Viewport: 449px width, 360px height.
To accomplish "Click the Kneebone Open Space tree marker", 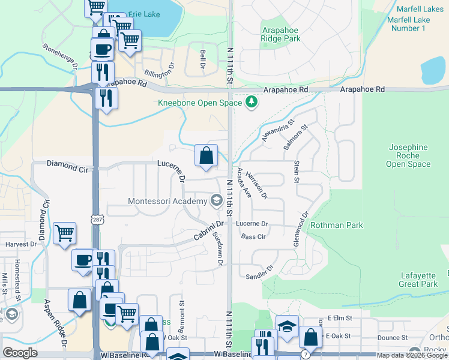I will click(x=252, y=103).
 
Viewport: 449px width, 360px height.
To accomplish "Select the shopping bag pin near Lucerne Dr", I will click(x=206, y=156).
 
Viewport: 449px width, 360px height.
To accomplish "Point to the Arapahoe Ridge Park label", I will click(x=281, y=34).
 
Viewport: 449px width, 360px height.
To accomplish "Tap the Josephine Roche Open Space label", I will click(x=409, y=155).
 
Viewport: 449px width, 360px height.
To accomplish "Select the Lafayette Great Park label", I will click(x=418, y=280).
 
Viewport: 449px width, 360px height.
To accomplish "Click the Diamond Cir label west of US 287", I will click(x=67, y=166).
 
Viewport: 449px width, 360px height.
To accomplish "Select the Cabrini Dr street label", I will click(x=208, y=230).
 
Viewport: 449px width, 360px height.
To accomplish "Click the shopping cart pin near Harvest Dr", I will click(x=65, y=233).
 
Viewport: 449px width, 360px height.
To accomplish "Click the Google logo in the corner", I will click(x=20, y=353).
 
